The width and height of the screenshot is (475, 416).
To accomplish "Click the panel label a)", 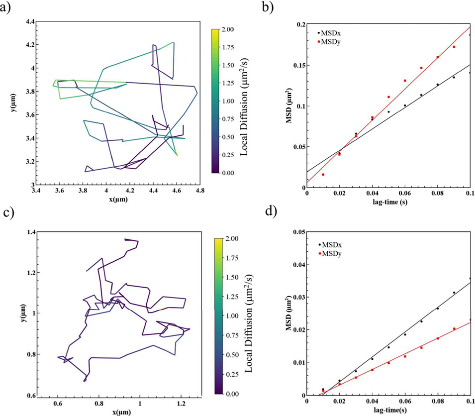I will (7, 8).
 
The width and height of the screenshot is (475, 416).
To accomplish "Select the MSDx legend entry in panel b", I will (331, 33).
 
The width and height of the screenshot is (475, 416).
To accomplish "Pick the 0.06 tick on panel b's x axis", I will (404, 194).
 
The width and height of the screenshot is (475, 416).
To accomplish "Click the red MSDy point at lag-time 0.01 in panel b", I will (323, 175).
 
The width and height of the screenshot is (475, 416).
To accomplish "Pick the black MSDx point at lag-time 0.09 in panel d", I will (454, 293).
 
